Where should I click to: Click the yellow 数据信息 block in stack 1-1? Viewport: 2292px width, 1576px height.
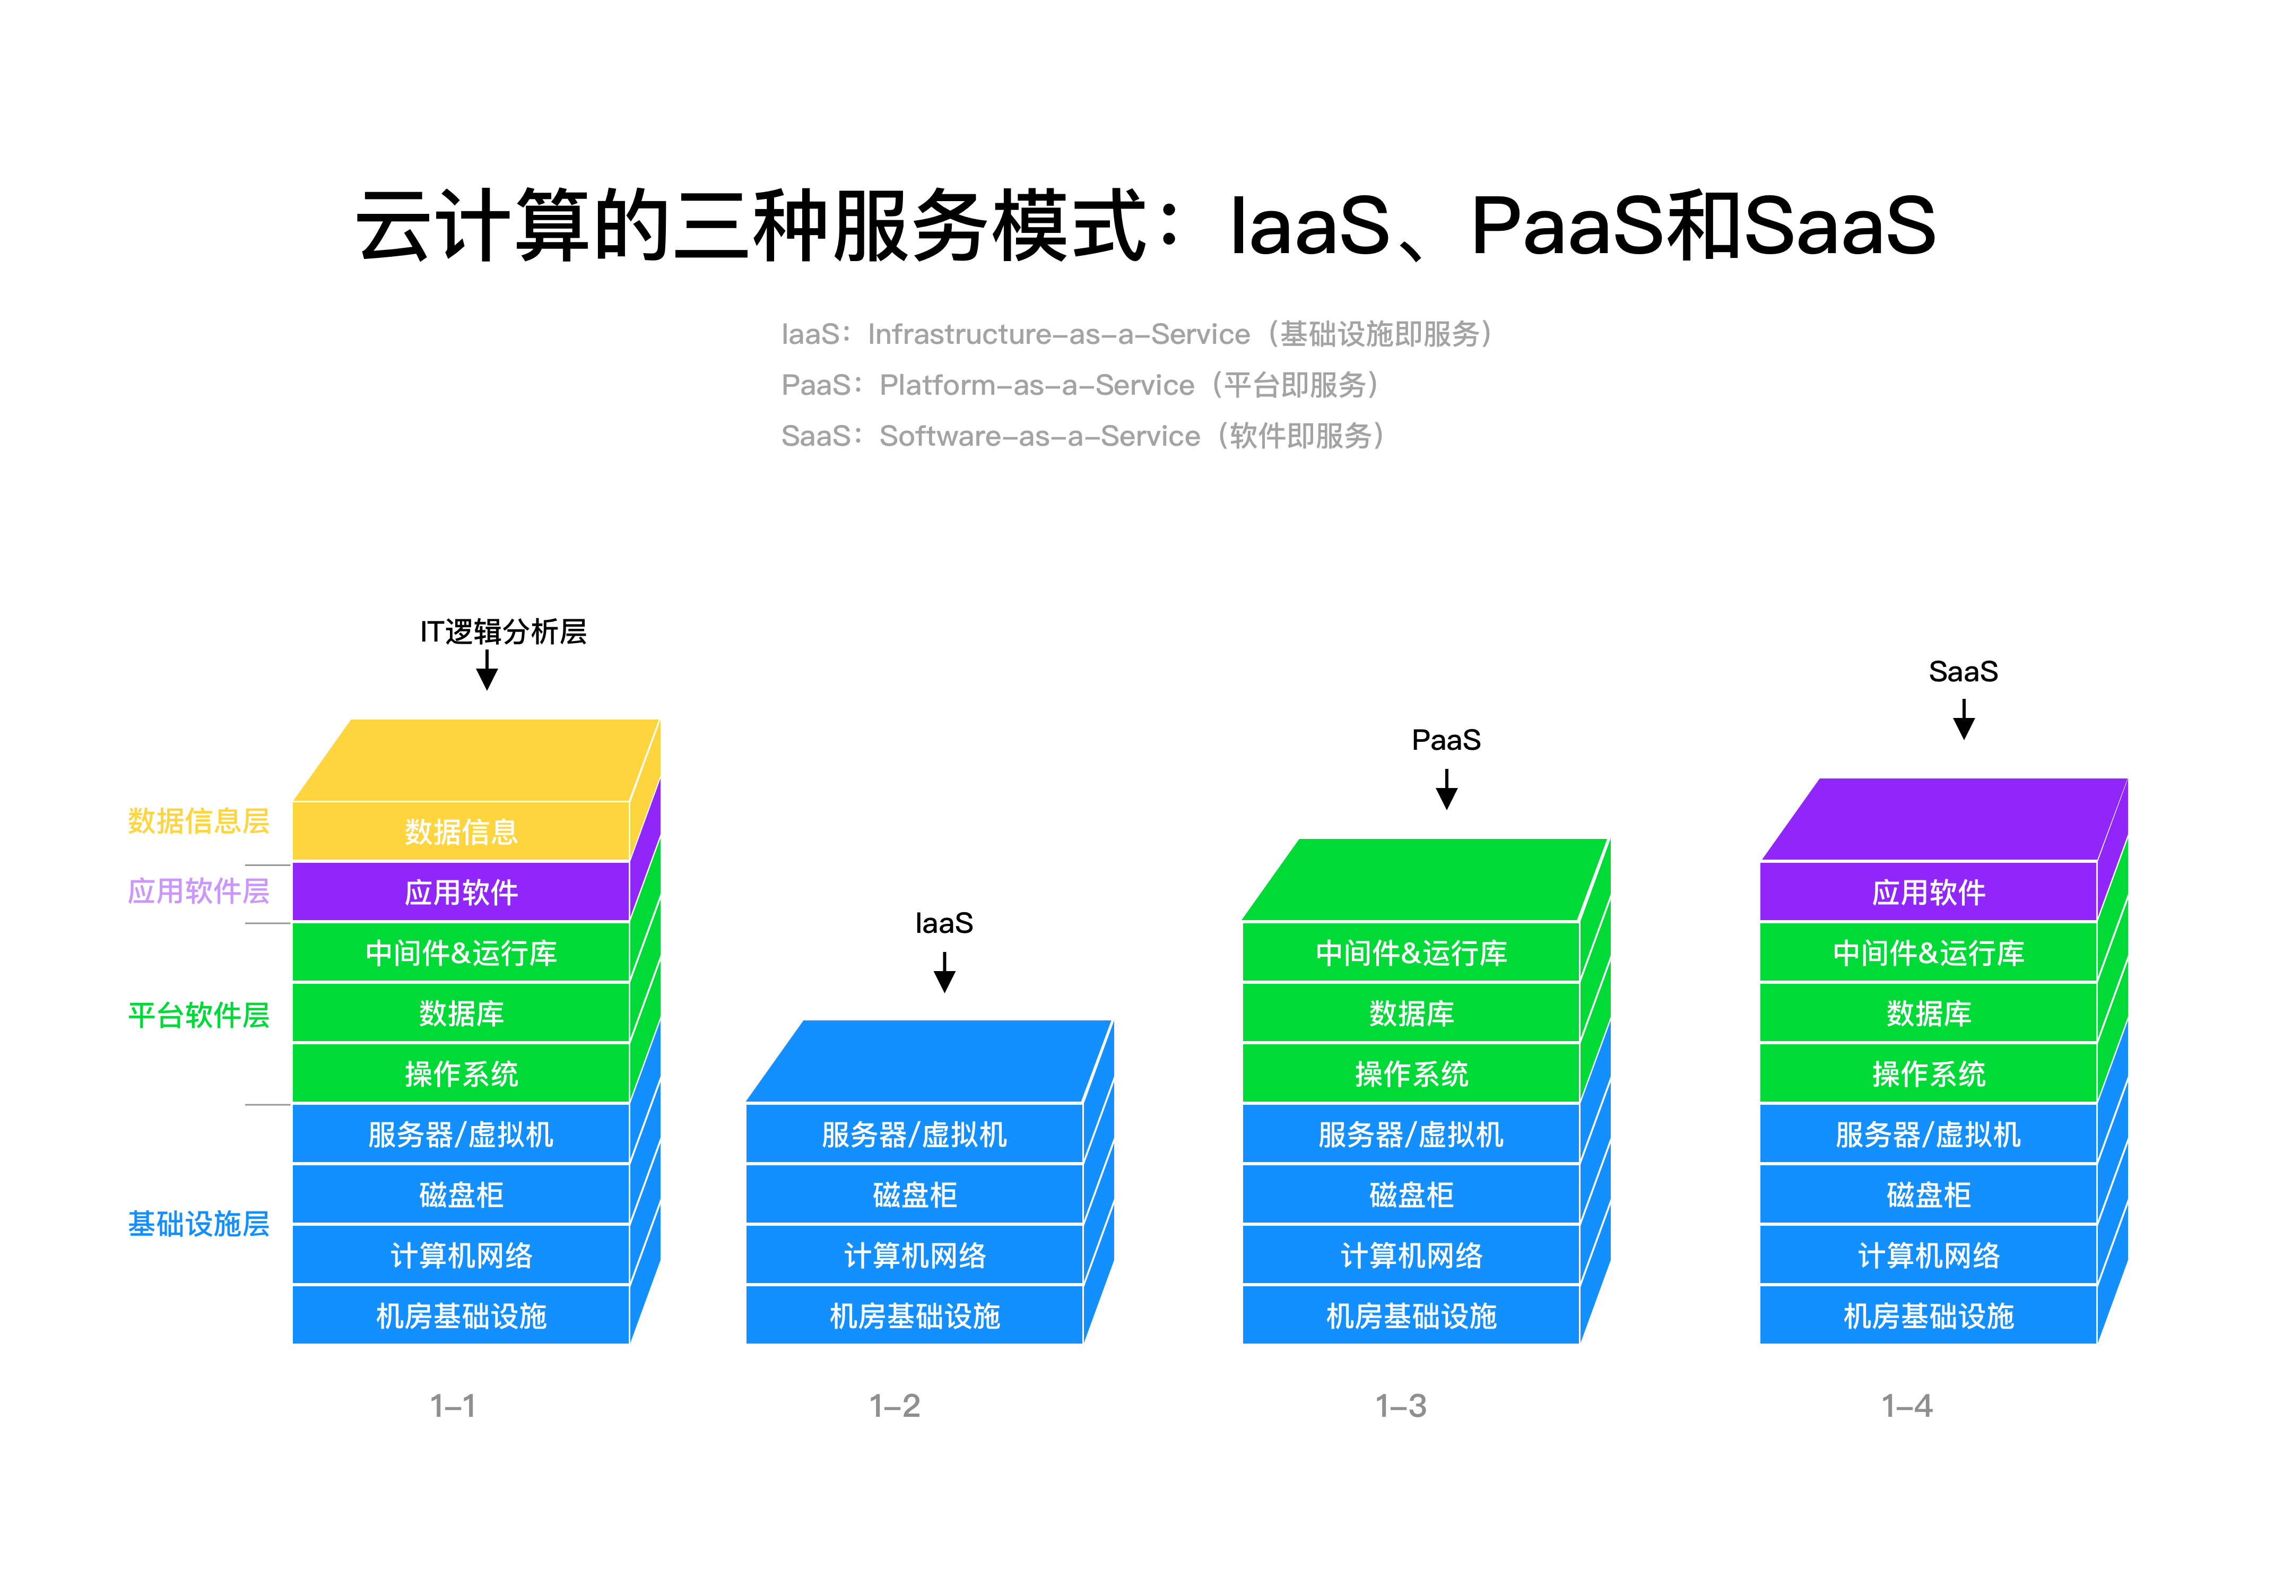461,832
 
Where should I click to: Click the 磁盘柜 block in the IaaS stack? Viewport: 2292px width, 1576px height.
914,1195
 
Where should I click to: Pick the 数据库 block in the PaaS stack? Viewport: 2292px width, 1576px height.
1411,1013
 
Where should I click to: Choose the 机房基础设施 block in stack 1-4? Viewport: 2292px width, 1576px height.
1928,1315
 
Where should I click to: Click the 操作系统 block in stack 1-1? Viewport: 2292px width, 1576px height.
461,1073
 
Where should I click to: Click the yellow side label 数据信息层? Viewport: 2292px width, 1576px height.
198,820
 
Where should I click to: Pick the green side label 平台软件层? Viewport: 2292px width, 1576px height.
198,1015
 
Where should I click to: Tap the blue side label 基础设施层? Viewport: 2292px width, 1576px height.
198,1224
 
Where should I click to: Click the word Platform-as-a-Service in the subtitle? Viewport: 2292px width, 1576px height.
1036,385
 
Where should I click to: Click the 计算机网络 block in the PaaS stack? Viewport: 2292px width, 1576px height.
1411,1255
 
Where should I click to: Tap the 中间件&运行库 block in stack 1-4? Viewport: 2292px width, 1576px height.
1928,953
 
